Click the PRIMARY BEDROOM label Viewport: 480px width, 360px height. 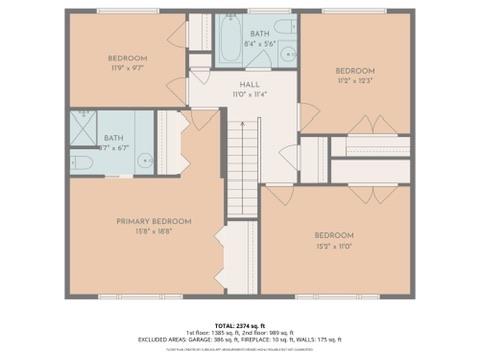(x=153, y=221)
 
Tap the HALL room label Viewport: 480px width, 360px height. (x=249, y=86)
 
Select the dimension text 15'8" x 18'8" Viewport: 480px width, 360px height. (x=153, y=231)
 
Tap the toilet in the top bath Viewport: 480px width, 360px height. (x=284, y=27)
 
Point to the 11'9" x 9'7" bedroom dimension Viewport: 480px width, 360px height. (x=128, y=68)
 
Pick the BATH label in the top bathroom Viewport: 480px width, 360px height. (x=259, y=34)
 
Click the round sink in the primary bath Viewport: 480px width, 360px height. (x=144, y=157)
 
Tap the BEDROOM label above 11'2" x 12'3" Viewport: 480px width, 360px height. (x=354, y=70)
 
